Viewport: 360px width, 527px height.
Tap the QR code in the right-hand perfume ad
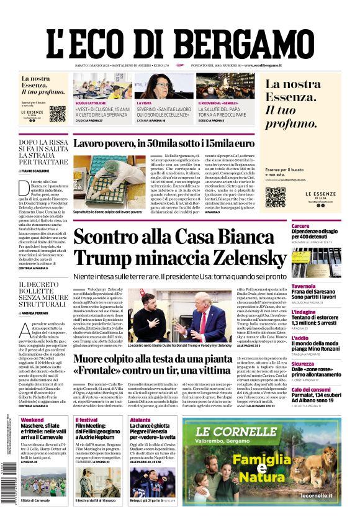275,197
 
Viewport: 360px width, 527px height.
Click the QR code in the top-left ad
57,114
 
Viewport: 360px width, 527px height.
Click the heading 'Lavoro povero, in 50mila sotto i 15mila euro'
163,144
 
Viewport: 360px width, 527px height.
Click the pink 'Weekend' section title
32,420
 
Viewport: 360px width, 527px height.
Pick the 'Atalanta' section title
140,420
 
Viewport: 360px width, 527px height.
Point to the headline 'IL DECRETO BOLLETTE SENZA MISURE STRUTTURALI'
42,294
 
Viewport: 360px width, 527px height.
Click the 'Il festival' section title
86,420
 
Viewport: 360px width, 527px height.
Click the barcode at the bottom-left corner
9,490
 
